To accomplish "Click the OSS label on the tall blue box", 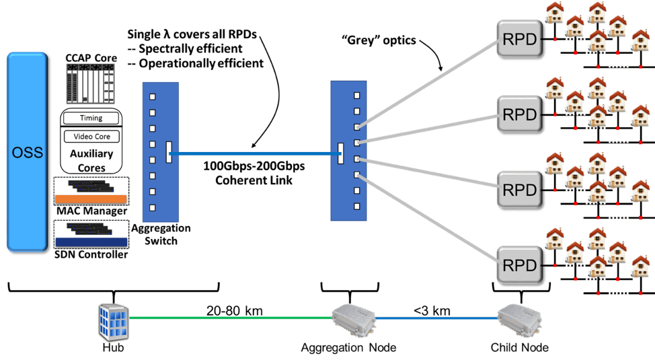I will coord(28,153).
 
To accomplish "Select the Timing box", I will coord(91,118).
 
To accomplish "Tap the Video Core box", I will coord(91,137).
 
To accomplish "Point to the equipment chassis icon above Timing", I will coord(91,84).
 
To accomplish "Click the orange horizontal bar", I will coord(90,199).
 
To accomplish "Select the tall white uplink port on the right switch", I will coord(341,153).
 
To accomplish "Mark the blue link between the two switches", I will coord(256,154).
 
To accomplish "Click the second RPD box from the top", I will coord(520,114).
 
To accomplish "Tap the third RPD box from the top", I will coord(520,189).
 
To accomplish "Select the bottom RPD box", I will coord(520,264).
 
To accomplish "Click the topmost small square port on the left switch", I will coord(153,96).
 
